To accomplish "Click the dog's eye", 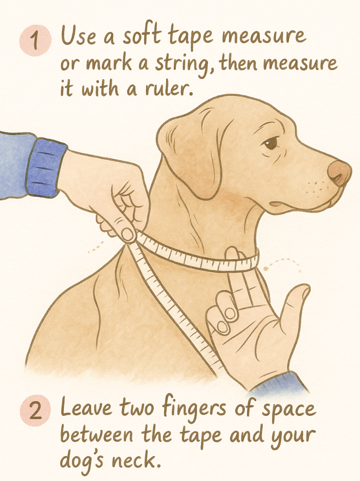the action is (x=271, y=143).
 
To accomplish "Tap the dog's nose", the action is (x=339, y=173).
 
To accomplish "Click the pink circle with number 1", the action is (x=35, y=41).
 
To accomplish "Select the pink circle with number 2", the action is (x=35, y=410).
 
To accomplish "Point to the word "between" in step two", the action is (x=96, y=435).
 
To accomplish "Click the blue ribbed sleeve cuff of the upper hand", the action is (x=46, y=167).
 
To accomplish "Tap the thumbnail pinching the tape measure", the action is (x=128, y=234).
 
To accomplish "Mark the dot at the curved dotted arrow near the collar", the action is (x=265, y=269).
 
